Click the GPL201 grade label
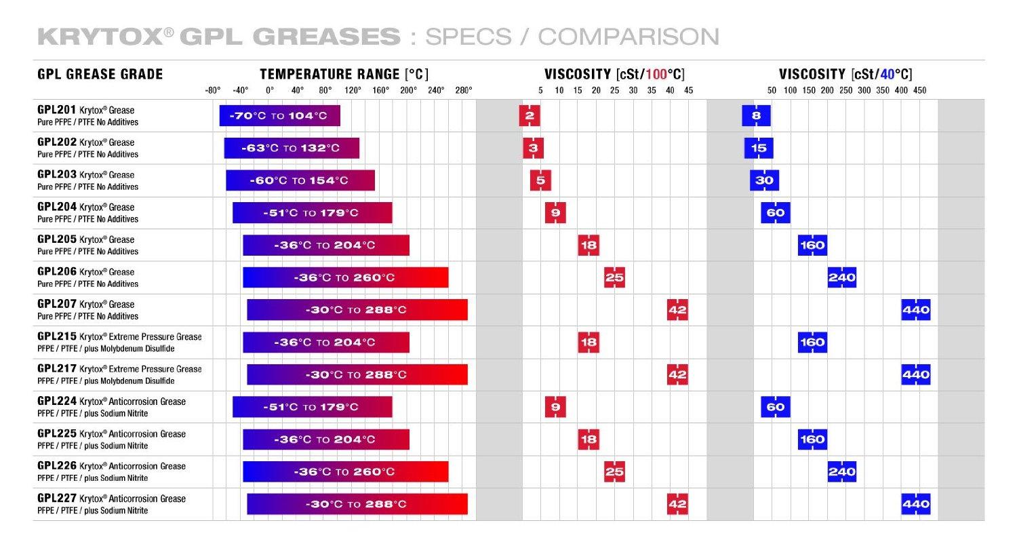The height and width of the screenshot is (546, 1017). (x=51, y=110)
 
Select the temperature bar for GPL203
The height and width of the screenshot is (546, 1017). (x=300, y=180)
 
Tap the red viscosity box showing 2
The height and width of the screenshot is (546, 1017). (x=529, y=115)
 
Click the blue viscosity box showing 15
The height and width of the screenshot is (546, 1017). (x=759, y=148)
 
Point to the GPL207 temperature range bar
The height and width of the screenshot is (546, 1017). (x=357, y=310)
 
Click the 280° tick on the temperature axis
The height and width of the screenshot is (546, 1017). (x=464, y=90)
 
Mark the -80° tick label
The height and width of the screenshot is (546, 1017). (x=213, y=90)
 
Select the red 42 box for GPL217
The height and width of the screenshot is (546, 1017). (x=677, y=374)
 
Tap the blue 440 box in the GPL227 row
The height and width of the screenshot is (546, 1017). (x=915, y=504)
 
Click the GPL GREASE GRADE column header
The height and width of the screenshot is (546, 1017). (x=100, y=74)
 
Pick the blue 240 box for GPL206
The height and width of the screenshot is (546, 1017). (x=841, y=277)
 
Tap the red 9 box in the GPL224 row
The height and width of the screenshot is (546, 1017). (x=555, y=407)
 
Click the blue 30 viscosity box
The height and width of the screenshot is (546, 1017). (x=764, y=180)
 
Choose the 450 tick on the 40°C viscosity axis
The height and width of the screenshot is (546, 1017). (x=919, y=90)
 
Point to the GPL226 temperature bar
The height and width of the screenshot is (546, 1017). (x=345, y=471)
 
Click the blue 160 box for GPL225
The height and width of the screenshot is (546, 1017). (x=812, y=439)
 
